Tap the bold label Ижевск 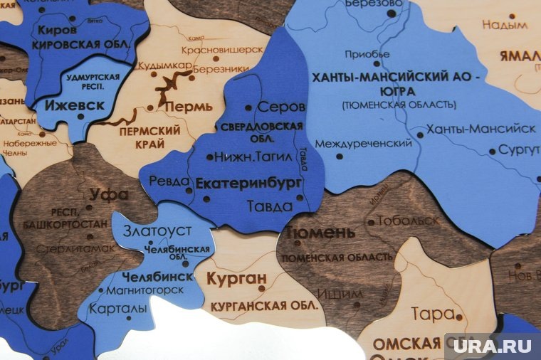click(x=75, y=105)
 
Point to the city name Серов click(x=281, y=107)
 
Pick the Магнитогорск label click(x=145, y=290)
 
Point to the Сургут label click(x=519, y=151)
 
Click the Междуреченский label click(x=364, y=143)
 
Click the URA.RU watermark click(x=491, y=346)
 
